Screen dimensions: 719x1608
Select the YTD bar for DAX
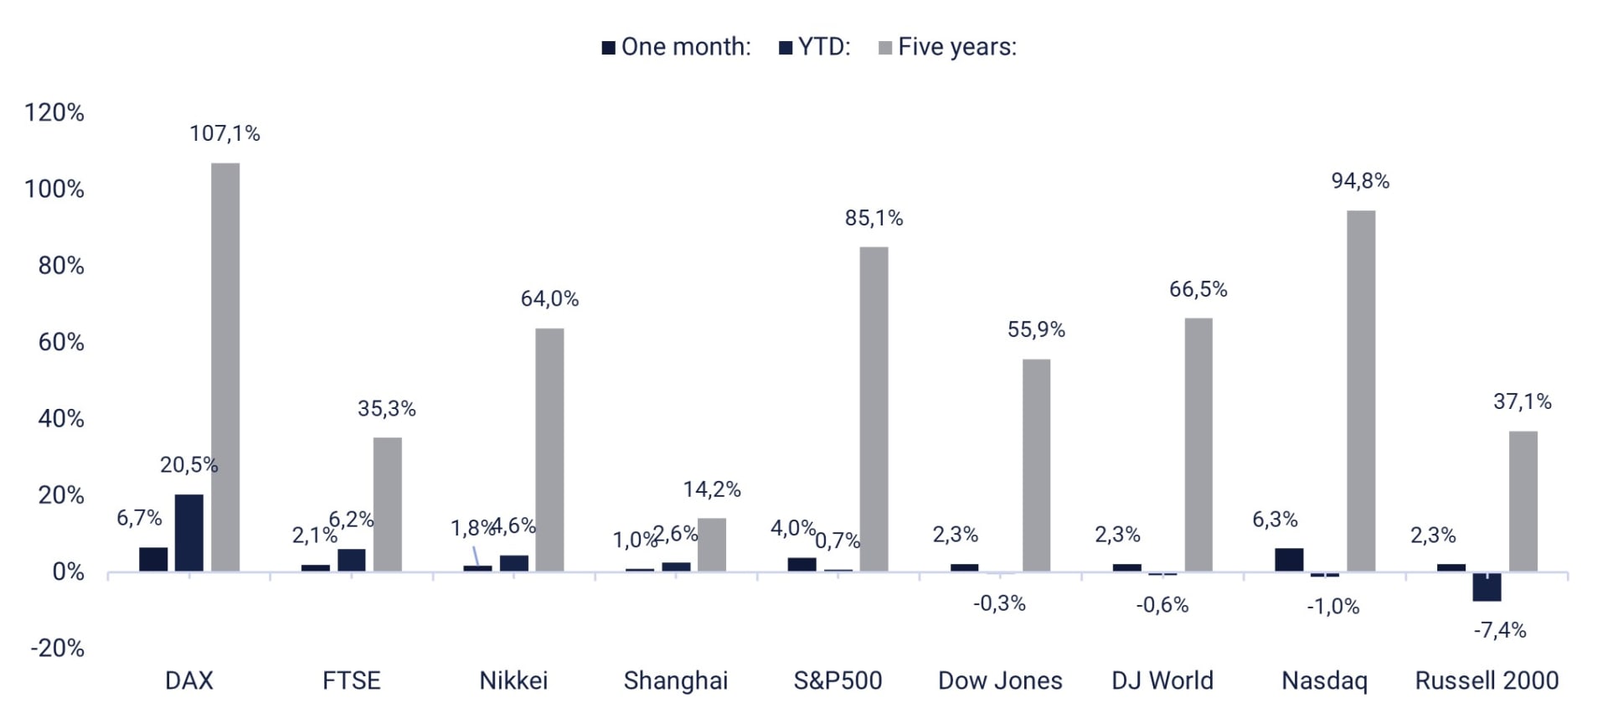[x=189, y=533]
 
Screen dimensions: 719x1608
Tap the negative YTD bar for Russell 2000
[x=1487, y=587]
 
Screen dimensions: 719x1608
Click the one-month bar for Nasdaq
[x=1289, y=560]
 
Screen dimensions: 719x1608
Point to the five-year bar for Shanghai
[x=712, y=545]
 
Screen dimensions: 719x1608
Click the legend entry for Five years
[x=947, y=47]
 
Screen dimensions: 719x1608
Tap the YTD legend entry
[x=814, y=47]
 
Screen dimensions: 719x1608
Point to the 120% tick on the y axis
[x=54, y=112]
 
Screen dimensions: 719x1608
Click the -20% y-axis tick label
[x=57, y=648]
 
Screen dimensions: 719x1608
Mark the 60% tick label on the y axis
[x=61, y=342]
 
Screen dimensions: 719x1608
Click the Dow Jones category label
[x=1000, y=680]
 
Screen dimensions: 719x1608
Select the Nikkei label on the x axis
[x=513, y=680]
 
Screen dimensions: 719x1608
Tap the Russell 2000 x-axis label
[x=1487, y=680]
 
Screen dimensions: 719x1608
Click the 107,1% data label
[x=224, y=133]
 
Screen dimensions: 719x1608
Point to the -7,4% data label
[x=1500, y=630]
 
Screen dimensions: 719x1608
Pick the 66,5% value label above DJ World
[x=1198, y=289]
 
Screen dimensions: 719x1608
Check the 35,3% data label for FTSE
[x=387, y=408]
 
